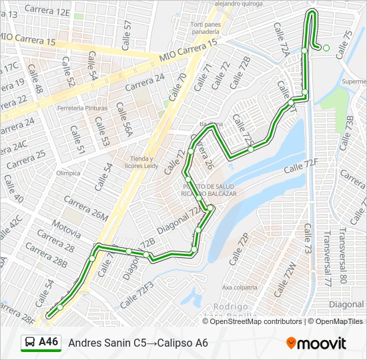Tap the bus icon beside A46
coord(30,343)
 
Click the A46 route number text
coord(48,342)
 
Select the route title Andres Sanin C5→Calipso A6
coord(138,343)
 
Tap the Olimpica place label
coord(68,173)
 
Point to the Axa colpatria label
coord(240,287)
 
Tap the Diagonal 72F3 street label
coord(136,293)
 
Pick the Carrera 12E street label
coord(47,11)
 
